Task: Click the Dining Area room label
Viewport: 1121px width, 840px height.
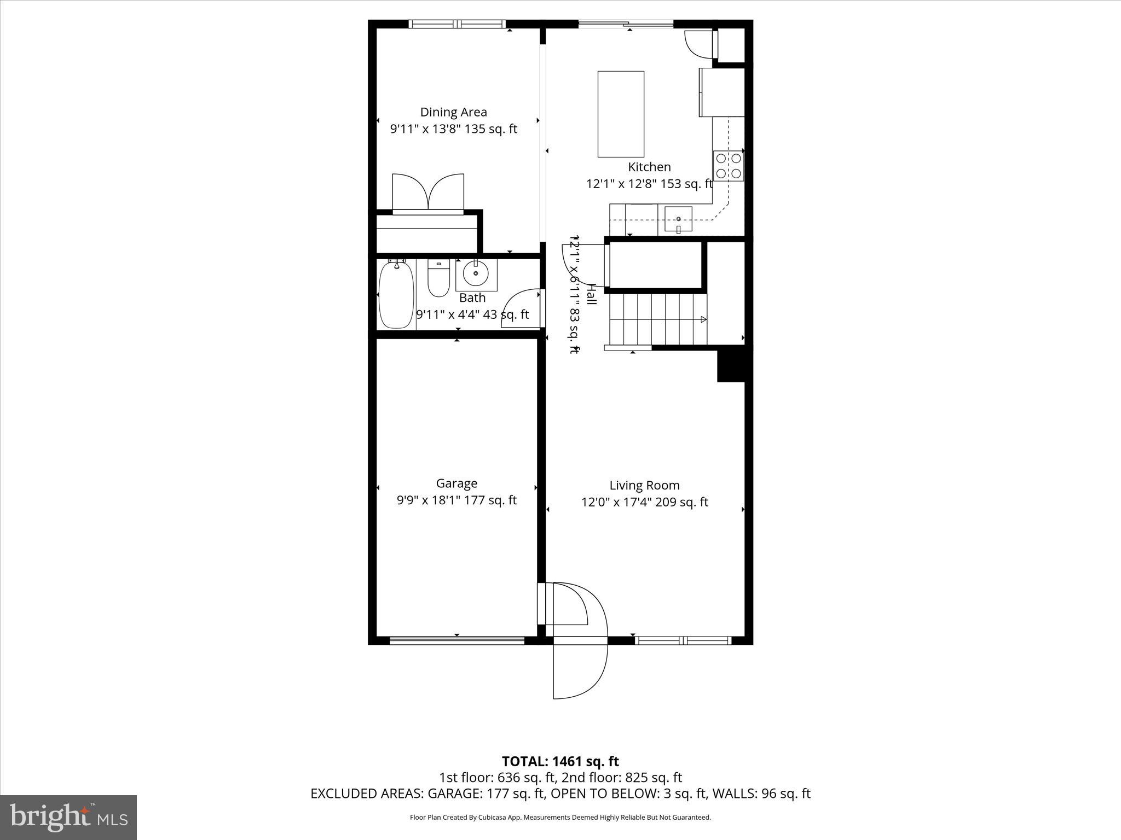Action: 453,112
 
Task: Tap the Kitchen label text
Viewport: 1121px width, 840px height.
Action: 649,167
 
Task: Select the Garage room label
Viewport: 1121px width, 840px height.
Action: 457,483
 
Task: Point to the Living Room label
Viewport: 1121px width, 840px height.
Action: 644,486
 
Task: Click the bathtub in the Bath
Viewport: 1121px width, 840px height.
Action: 396,295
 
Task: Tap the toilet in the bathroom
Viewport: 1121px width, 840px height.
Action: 438,279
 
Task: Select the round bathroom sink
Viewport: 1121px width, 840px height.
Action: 476,273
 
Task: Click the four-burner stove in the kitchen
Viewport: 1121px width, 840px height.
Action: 729,166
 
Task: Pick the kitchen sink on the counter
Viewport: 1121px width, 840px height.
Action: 678,219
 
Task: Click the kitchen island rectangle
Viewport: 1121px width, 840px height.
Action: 621,114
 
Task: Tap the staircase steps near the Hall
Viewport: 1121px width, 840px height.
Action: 657,320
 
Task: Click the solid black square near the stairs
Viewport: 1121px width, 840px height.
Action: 731,365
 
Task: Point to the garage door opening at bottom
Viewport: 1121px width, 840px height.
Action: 457,640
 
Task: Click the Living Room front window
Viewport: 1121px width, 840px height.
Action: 683,640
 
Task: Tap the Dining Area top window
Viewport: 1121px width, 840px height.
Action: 457,24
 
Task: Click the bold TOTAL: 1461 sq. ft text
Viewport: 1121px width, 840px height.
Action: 560,761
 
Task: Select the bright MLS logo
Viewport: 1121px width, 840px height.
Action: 68,816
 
